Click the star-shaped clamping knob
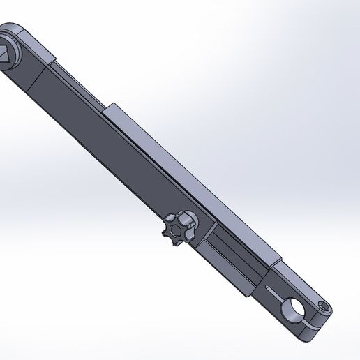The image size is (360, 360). (x=178, y=228)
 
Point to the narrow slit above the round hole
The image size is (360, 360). (x=277, y=287)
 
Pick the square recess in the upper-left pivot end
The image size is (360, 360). (x=4, y=54)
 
